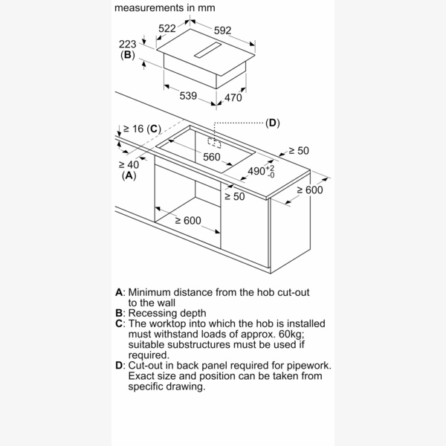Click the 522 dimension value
click(167, 29)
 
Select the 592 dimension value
click(222, 30)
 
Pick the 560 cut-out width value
click(212, 157)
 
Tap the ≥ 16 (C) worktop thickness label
click(142, 129)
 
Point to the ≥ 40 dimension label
click(129, 164)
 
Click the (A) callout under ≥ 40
click(129, 175)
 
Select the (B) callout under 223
click(127, 55)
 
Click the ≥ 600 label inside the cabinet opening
click(188, 220)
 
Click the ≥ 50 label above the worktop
click(298, 151)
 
